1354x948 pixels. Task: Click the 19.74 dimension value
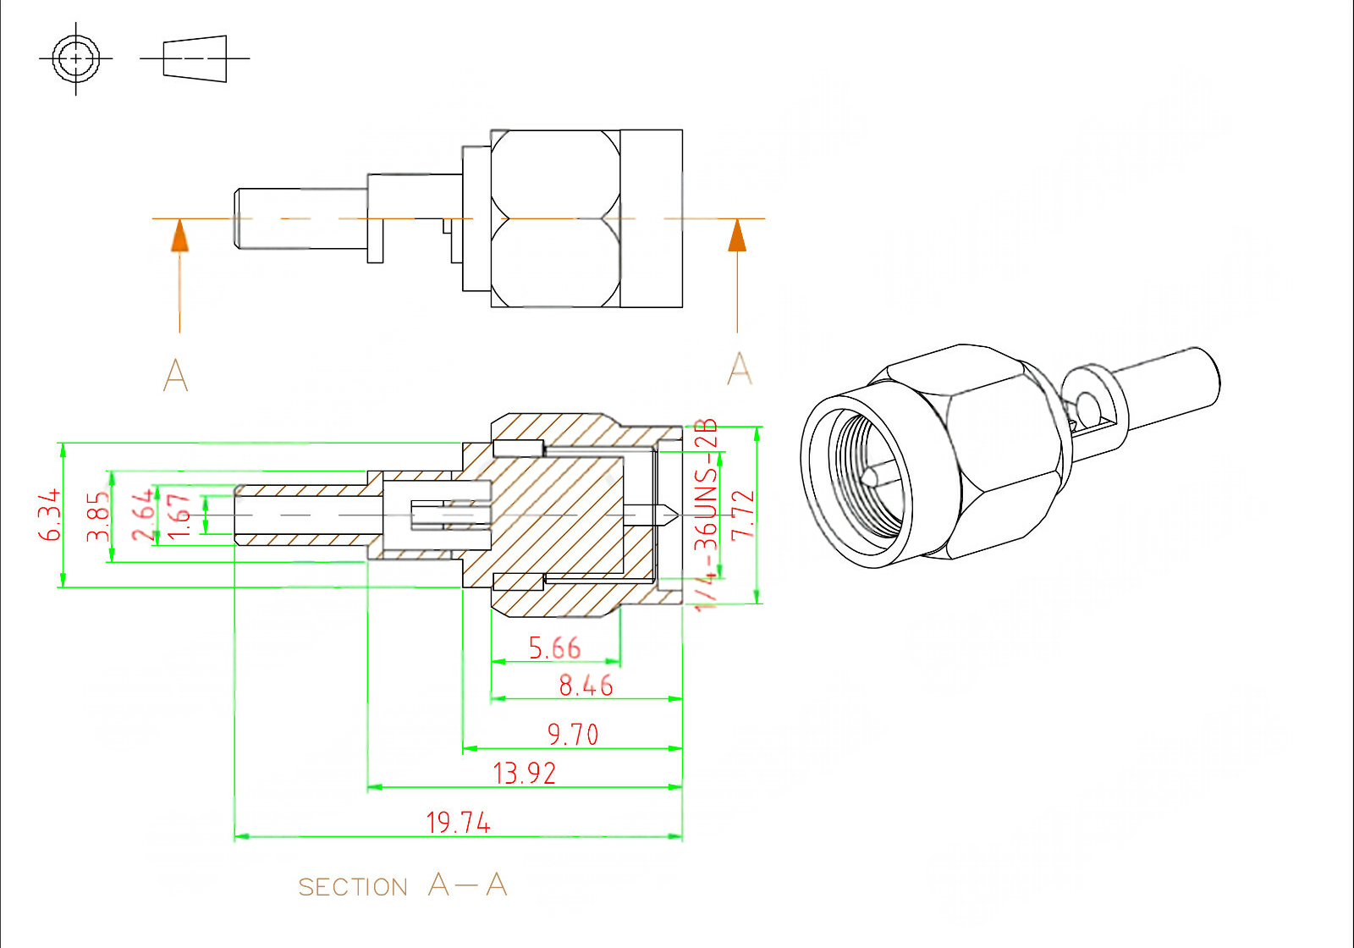coord(458,822)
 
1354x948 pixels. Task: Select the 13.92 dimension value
coord(524,773)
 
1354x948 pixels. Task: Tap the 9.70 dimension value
coord(573,734)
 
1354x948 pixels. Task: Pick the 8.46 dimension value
coord(586,685)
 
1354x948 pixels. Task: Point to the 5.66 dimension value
coord(554,648)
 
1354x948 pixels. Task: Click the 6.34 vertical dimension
coord(50,515)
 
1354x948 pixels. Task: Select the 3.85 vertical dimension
coord(99,516)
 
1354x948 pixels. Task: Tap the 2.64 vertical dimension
coord(143,515)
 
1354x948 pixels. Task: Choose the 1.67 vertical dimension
coord(179,515)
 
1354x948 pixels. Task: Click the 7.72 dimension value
coord(742,515)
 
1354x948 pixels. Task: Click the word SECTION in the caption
coord(353,887)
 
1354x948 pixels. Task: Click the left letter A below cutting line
coord(175,375)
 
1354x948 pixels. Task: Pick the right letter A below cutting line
coord(739,369)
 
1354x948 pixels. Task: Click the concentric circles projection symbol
coord(76,58)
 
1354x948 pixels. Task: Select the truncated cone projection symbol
coord(195,58)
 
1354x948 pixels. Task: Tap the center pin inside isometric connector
coord(871,477)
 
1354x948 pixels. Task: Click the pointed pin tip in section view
coord(669,514)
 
